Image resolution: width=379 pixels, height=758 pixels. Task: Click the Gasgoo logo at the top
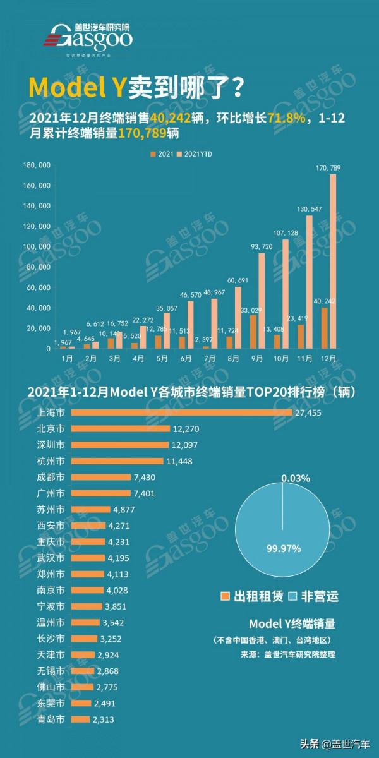coord(89,39)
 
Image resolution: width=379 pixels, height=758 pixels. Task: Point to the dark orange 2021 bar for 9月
coord(253,332)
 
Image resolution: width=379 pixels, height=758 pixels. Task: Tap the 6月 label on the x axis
coord(186,358)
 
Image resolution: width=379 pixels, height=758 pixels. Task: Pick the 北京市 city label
coord(51,428)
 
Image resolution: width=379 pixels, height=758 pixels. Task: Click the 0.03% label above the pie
coord(296,478)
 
